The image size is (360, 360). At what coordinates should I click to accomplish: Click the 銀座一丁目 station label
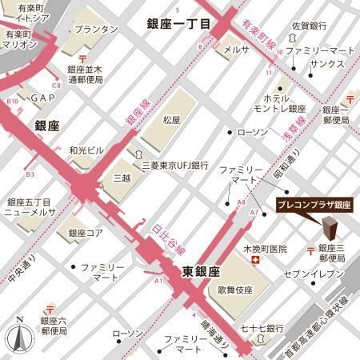pyautogui.click(x=178, y=25)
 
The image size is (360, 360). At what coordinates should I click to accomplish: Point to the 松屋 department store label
pyautogui.click(x=172, y=120)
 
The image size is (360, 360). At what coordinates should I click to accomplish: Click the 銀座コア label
pyautogui.click(x=86, y=233)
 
